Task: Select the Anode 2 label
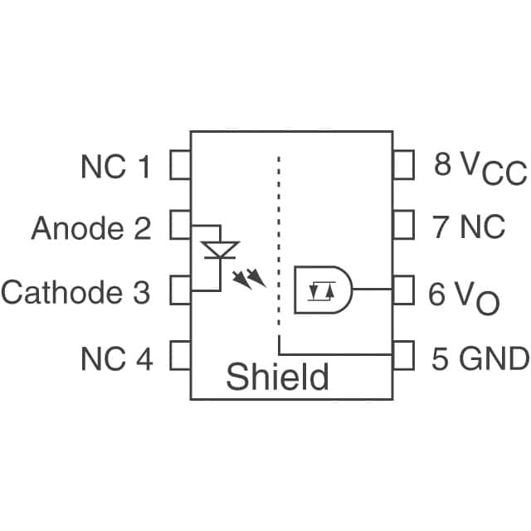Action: (91, 227)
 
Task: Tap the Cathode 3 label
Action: (76, 292)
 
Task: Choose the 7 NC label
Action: (469, 227)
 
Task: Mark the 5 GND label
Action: (480, 358)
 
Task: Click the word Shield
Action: (277, 378)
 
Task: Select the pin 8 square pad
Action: (403, 165)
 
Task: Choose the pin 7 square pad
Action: (403, 224)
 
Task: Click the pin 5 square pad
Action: (403, 355)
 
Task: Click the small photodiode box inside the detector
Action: (319, 291)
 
